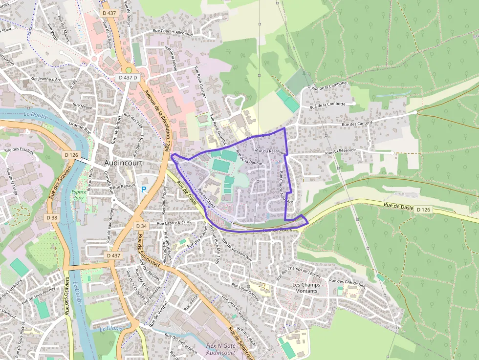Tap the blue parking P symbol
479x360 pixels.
[x=144, y=189]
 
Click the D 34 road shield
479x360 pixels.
[x=141, y=226]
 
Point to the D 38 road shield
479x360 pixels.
[x=52, y=217]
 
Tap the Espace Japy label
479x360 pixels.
[x=79, y=195]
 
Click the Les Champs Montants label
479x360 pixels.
[x=305, y=288]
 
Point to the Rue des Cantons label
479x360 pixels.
[x=357, y=124]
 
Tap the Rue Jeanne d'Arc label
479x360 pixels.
[x=45, y=78]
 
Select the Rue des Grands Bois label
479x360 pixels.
[x=348, y=281]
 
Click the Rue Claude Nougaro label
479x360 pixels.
[x=286, y=188]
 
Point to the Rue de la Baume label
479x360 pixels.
[x=249, y=158]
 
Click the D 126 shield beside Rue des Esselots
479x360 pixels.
[x=71, y=155]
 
